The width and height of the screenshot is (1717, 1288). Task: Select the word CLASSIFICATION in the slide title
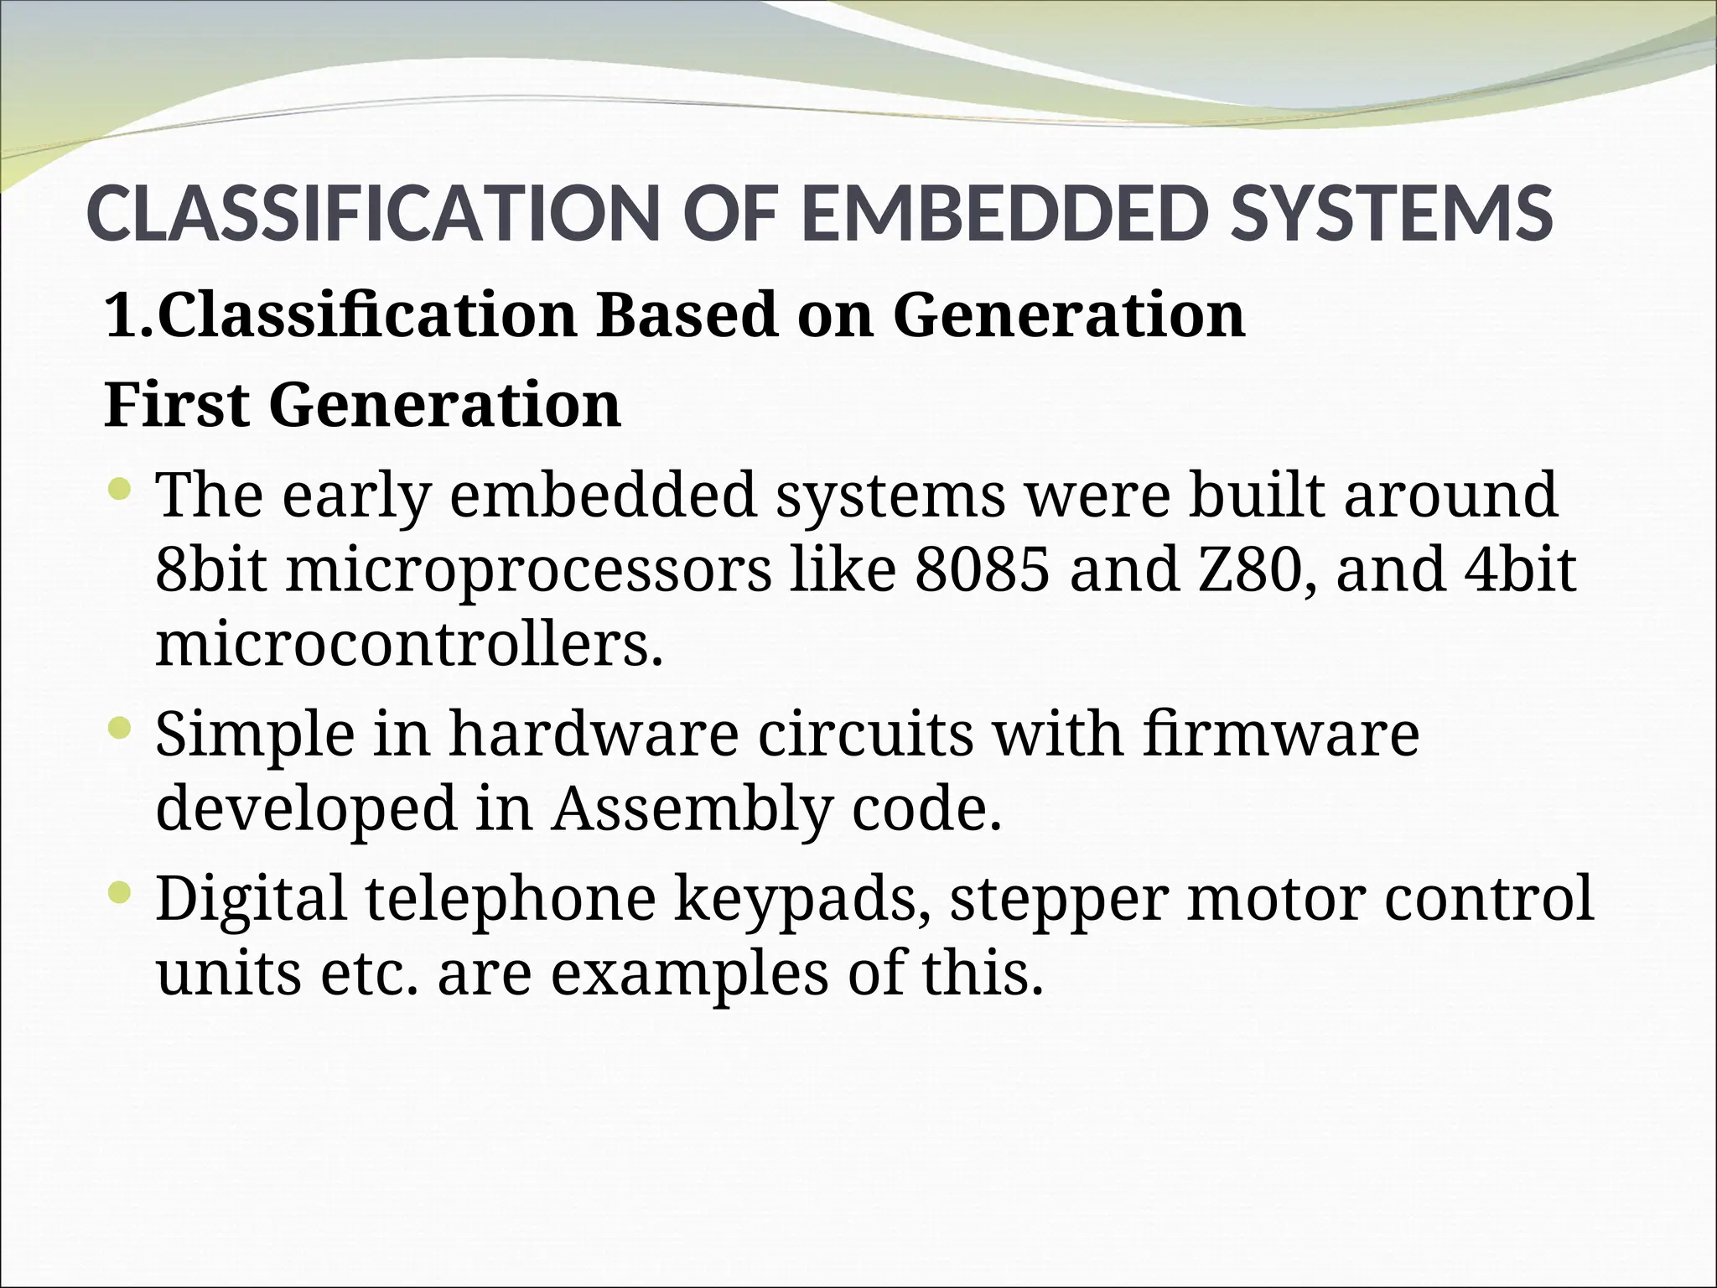(x=369, y=214)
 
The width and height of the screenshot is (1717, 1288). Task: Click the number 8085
(x=982, y=570)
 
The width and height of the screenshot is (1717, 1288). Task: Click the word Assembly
(x=692, y=810)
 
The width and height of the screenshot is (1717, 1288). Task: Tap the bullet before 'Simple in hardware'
(x=121, y=729)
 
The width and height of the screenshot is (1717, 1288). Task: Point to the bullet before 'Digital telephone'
(x=121, y=895)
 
